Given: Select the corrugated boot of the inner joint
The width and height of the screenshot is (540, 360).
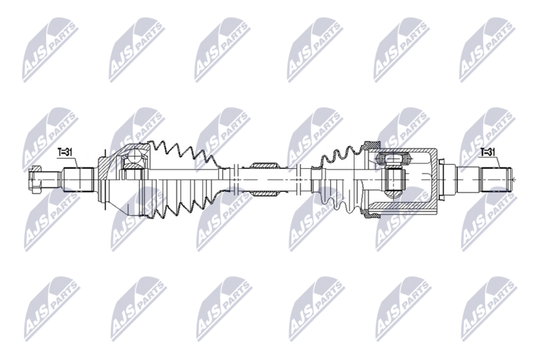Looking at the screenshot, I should click(337, 177).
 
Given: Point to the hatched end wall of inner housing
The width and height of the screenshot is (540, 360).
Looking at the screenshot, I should click(431, 180).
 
